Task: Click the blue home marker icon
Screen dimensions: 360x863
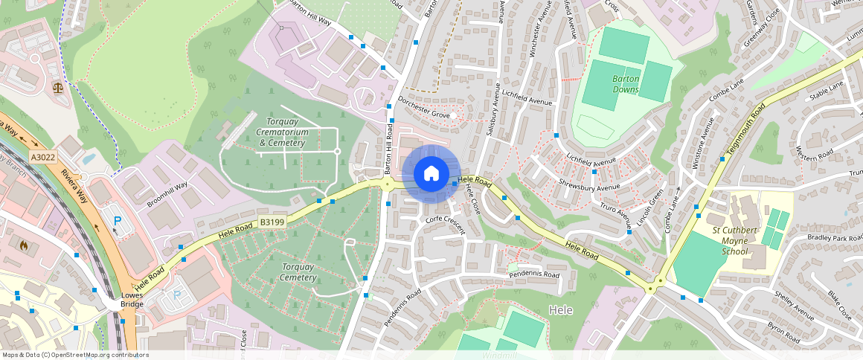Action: pyautogui.click(x=431, y=174)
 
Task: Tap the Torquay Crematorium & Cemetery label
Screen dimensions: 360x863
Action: pyautogui.click(x=282, y=132)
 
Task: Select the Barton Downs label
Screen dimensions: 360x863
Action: pyautogui.click(x=626, y=83)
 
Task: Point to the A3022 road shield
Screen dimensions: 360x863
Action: pyautogui.click(x=42, y=158)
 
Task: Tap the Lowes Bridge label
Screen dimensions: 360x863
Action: pyautogui.click(x=132, y=300)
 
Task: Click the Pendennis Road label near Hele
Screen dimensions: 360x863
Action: pyautogui.click(x=533, y=275)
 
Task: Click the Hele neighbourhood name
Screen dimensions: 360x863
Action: pyautogui.click(x=560, y=310)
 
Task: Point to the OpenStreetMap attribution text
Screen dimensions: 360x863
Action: pyautogui.click(x=75, y=355)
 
